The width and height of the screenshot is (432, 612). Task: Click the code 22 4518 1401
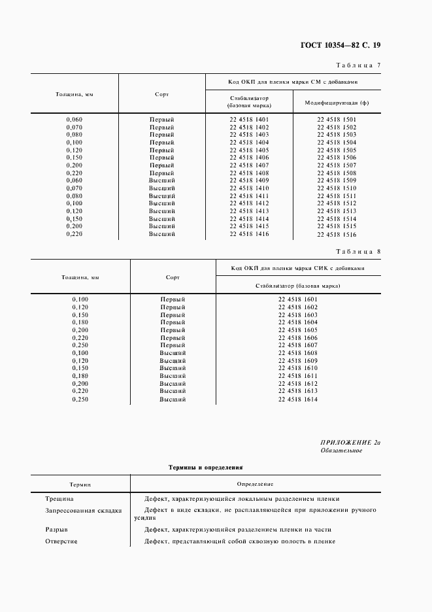click(x=249, y=119)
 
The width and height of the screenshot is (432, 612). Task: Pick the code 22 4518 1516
click(x=337, y=234)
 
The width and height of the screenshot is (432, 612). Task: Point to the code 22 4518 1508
click(x=337, y=173)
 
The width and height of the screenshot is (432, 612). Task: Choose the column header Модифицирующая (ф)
click(x=337, y=103)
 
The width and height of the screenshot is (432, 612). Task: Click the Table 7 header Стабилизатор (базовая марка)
click(x=249, y=101)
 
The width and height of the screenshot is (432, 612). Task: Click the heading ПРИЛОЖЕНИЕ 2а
click(x=350, y=443)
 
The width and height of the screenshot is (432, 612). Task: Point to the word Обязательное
click(x=342, y=451)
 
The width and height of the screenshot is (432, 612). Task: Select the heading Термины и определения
click(x=206, y=468)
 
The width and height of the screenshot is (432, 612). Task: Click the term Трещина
click(x=59, y=498)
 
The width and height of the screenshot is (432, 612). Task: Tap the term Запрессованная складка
click(x=83, y=511)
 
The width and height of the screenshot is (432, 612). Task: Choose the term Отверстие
click(x=61, y=541)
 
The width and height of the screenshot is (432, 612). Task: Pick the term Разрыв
click(x=56, y=530)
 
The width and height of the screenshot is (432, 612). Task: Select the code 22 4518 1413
click(x=249, y=211)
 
